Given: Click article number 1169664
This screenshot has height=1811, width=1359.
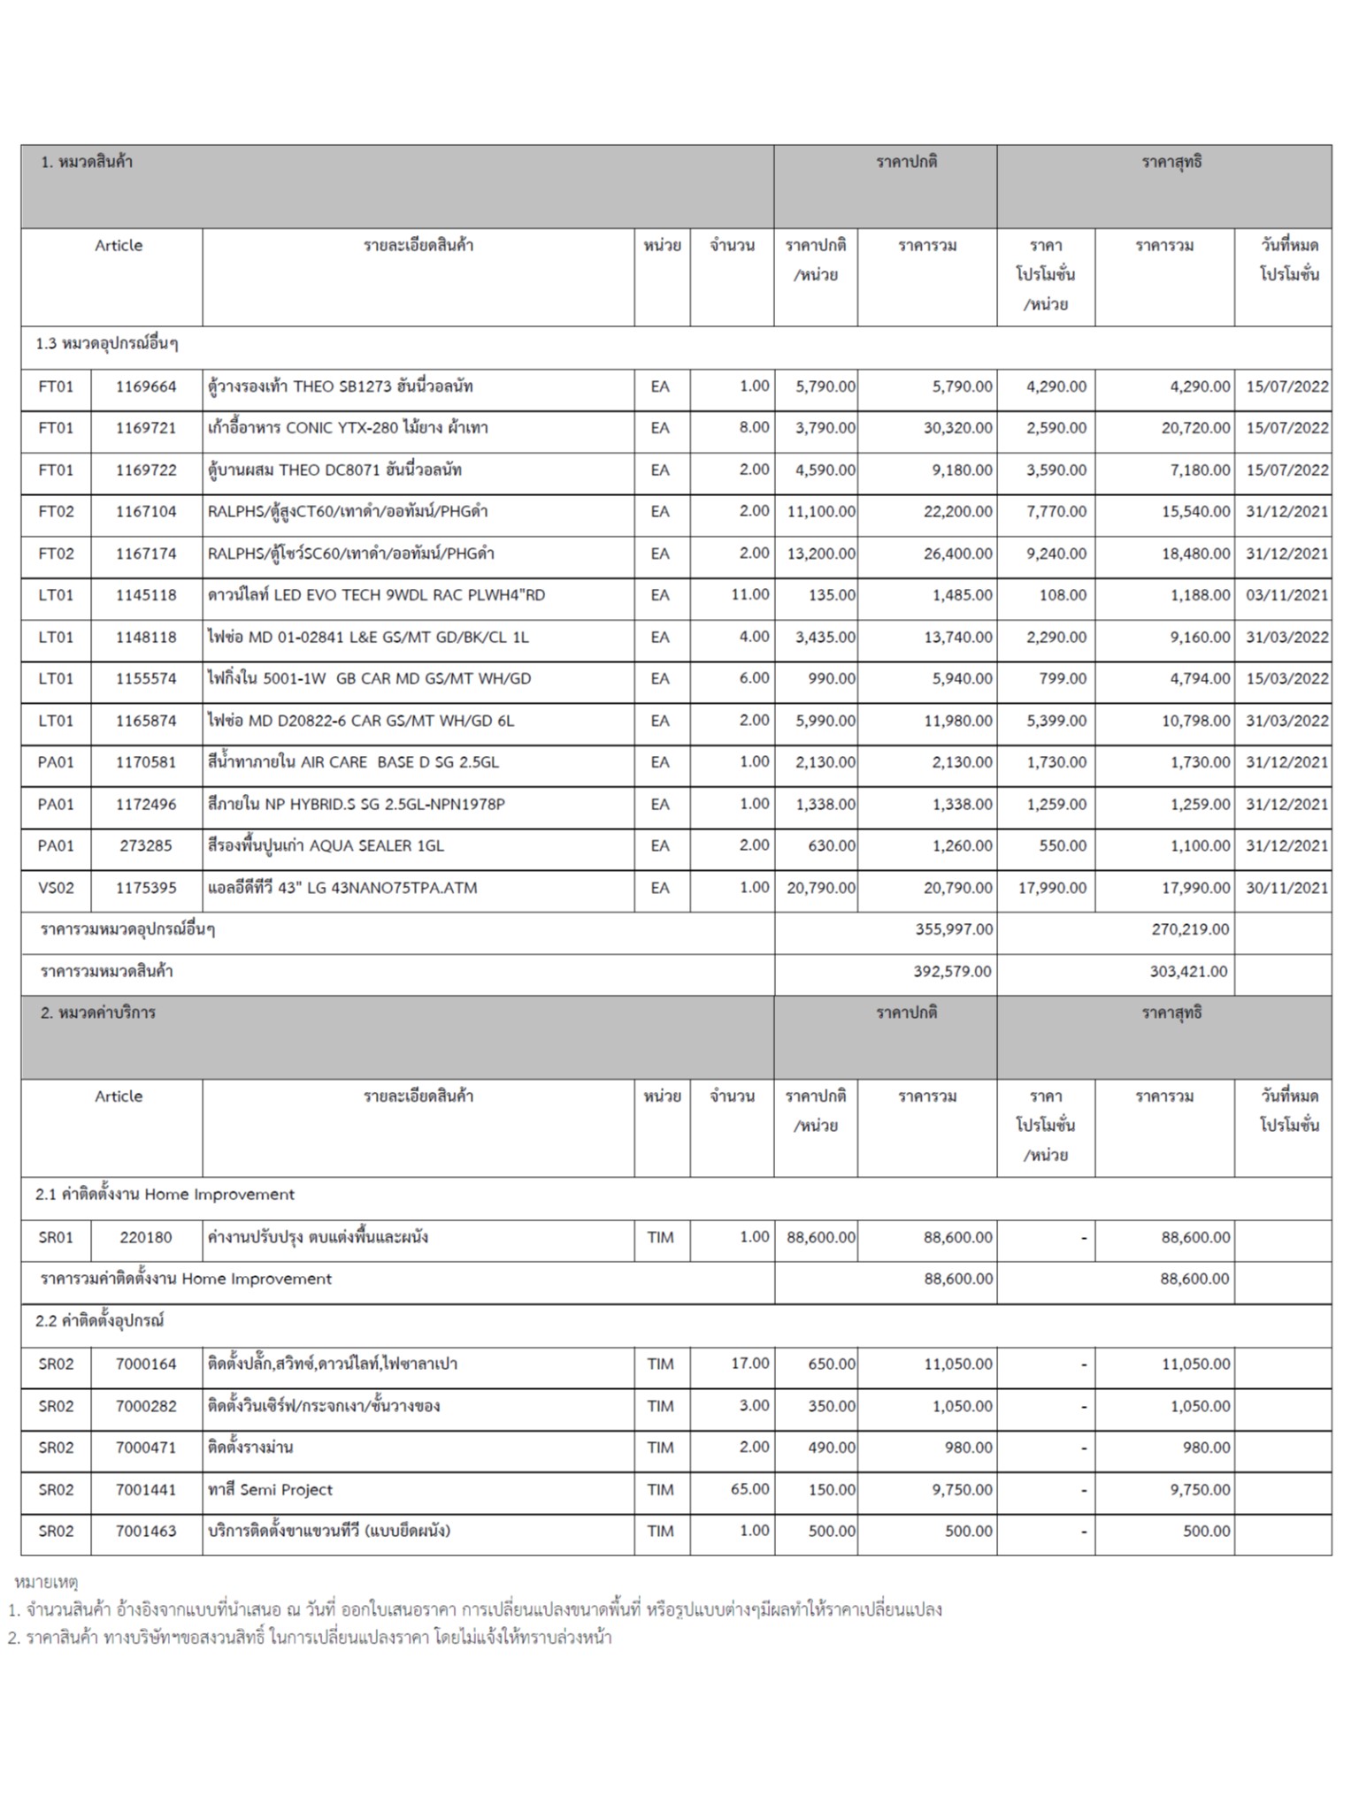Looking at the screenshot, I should pos(146,386).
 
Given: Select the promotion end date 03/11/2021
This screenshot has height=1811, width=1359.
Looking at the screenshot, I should pos(1286,595).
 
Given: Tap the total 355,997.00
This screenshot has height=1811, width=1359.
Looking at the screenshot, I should pos(953,929).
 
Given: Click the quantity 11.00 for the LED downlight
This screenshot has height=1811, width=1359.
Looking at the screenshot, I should pos(749,595).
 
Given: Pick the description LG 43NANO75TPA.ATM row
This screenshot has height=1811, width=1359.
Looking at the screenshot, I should pos(342,888).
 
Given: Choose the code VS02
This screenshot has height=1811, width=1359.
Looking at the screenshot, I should pos(56,888).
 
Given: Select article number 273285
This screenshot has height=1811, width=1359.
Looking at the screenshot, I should pos(146,846).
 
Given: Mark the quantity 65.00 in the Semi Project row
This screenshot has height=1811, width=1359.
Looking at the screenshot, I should pos(749,1489).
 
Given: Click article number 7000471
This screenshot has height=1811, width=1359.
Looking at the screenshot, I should pos(146,1448).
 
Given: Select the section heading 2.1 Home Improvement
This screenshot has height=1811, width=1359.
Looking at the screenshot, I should pos(165,1195).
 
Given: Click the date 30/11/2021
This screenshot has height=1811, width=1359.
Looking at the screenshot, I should pos(1286,888).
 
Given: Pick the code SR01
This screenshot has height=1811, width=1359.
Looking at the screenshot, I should pos(56,1237).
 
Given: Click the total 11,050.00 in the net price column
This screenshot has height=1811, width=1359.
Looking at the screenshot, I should pos(1195,1364).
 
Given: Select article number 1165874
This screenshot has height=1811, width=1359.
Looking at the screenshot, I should pos(146,721).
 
